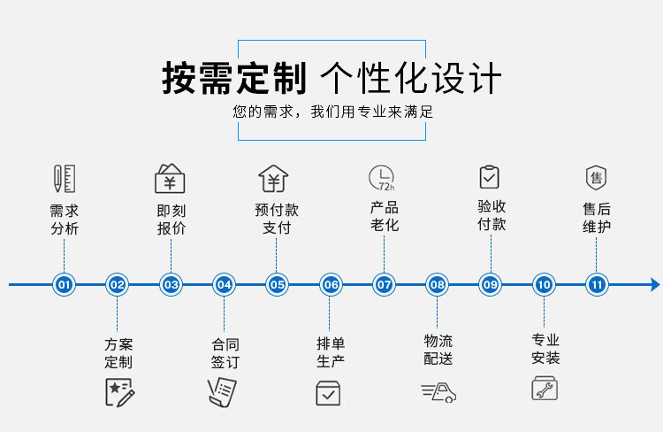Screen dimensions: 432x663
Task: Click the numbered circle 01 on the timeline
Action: (64, 285)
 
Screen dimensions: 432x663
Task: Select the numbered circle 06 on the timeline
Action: (331, 285)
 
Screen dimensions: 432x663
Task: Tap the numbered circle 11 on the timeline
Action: (597, 285)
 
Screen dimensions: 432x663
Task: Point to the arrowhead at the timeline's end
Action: (654, 285)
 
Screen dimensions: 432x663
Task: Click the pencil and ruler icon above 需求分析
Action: (64, 179)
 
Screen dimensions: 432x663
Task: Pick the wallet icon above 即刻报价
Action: (170, 178)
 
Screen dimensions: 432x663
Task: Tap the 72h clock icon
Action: (382, 178)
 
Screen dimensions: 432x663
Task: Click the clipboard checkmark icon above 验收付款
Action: (490, 177)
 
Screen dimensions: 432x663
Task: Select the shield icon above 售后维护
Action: (597, 177)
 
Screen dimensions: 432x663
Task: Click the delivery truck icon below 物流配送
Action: (438, 392)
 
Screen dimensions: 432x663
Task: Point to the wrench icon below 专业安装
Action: (545, 389)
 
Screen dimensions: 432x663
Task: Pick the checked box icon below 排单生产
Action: (328, 392)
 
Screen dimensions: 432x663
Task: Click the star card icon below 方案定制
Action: (118, 391)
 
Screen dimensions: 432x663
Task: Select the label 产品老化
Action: (384, 217)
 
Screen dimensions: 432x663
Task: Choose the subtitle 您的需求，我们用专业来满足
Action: (332, 113)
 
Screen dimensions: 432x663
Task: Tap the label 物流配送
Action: (438, 350)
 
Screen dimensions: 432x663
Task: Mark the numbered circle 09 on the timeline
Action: (490, 285)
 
